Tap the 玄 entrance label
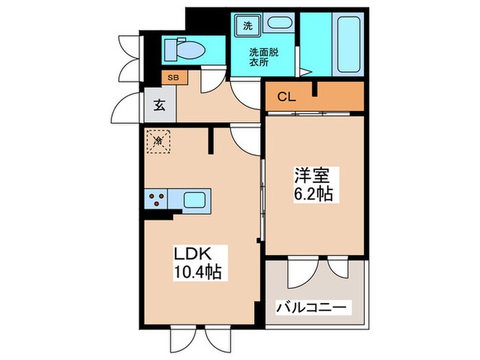point(158,106)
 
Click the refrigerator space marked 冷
point(158,141)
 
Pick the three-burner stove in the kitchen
point(156,200)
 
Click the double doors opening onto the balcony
point(315,271)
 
